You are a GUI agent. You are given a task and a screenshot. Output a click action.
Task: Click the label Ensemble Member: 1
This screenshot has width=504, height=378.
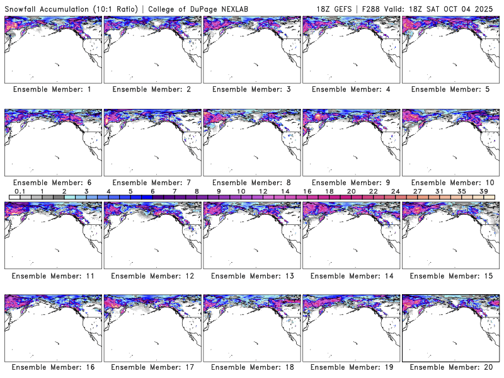point(52,89)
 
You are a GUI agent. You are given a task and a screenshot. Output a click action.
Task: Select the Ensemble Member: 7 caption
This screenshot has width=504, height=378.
point(151,182)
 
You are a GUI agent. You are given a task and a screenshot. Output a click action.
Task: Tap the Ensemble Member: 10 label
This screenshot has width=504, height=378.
point(449,182)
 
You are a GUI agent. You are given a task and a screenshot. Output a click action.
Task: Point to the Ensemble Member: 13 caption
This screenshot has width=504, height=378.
point(251,275)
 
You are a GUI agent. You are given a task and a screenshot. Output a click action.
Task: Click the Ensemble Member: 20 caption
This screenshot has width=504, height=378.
point(450,367)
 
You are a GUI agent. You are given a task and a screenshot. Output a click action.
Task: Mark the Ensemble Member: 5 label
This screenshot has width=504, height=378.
point(450,89)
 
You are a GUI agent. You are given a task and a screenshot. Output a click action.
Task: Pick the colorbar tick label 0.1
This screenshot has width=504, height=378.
point(20,191)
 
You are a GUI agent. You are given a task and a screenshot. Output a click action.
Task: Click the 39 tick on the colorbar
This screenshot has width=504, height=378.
point(484,191)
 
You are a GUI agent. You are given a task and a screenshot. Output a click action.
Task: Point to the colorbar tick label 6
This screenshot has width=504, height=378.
point(152,191)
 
